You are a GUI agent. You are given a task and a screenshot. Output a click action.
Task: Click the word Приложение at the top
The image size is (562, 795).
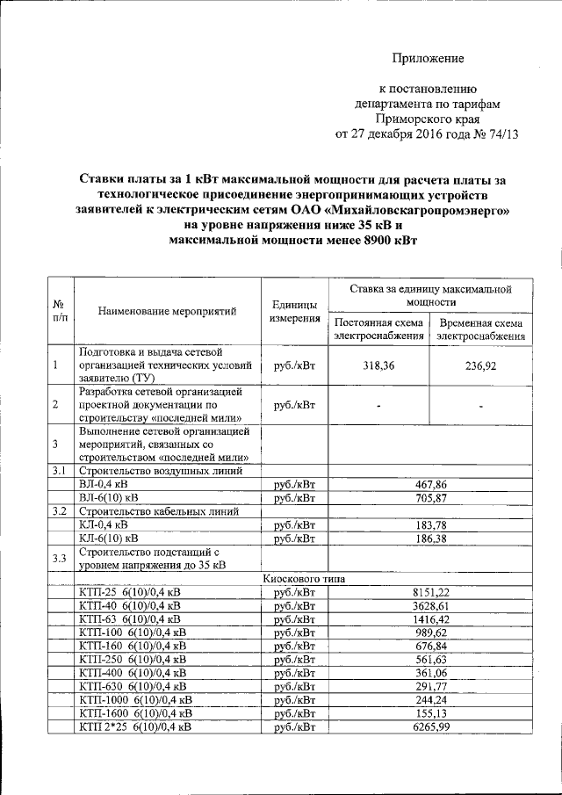(x=427, y=59)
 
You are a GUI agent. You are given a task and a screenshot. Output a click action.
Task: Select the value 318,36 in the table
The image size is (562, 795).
(x=375, y=365)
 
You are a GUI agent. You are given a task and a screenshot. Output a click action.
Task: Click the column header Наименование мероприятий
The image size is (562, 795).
(x=169, y=311)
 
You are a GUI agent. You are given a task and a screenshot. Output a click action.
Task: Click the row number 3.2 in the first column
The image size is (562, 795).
(x=59, y=511)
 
